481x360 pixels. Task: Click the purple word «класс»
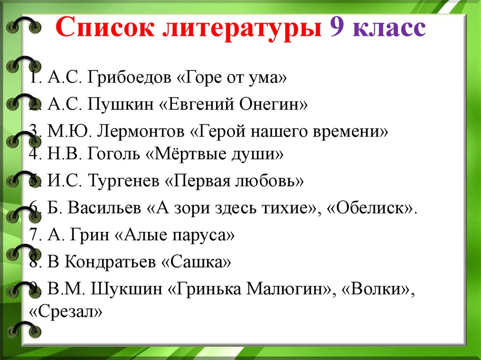pyautogui.click(x=389, y=28)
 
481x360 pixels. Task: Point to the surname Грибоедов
pyautogui.click(x=129, y=78)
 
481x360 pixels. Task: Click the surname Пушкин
pyautogui.click(x=120, y=105)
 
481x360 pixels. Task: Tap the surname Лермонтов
pyautogui.click(x=141, y=131)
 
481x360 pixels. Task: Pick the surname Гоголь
pyautogui.click(x=114, y=153)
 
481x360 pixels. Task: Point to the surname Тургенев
pyautogui.click(x=124, y=181)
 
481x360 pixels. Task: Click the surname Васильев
pyautogui.click(x=104, y=207)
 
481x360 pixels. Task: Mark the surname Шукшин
pyautogui.click(x=126, y=289)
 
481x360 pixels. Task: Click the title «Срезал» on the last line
pyautogui.click(x=66, y=312)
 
